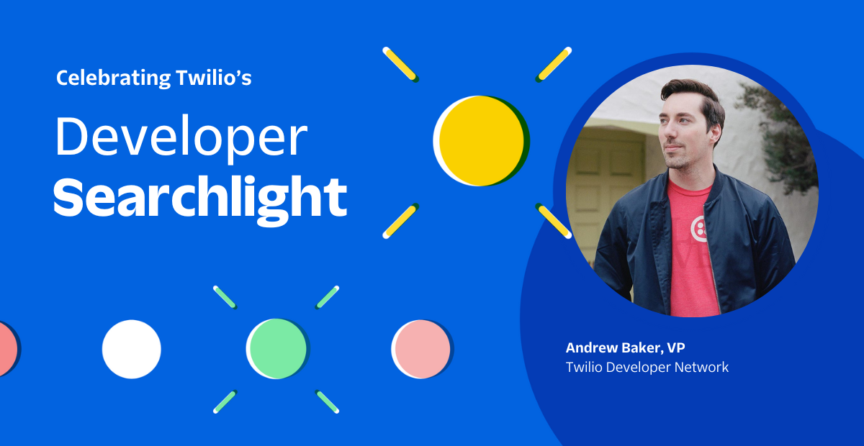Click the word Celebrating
tap(114, 78)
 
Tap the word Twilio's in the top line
tap(214, 78)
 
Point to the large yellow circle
tap(481, 141)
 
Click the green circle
tap(278, 348)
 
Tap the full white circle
tap(132, 349)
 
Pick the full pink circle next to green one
tap(422, 349)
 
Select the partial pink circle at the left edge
tap(9, 348)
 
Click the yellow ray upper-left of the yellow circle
tap(400, 64)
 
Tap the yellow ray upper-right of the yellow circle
tap(554, 64)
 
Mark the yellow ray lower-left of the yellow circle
tap(400, 221)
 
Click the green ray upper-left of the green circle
tap(225, 297)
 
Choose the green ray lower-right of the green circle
tap(327, 401)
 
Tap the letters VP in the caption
tap(676, 347)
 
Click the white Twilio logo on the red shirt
tap(699, 229)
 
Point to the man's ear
tap(716, 132)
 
